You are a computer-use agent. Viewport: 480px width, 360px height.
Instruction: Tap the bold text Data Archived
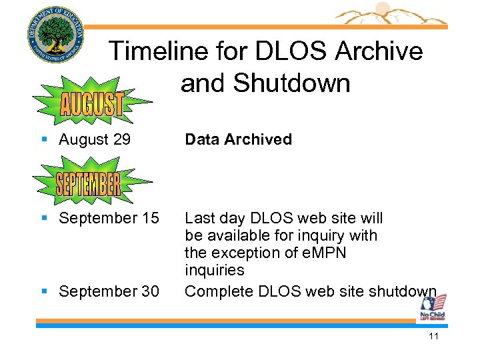(x=238, y=139)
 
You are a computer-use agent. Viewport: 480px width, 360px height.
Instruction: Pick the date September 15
(x=109, y=218)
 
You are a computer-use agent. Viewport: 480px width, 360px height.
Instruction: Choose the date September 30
(x=109, y=291)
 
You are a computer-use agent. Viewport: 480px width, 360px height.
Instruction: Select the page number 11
(x=433, y=336)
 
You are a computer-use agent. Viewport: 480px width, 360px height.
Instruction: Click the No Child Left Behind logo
(x=432, y=310)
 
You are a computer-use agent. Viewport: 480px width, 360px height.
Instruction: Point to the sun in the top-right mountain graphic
(x=382, y=9)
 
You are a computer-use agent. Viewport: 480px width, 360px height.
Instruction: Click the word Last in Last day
(x=199, y=218)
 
